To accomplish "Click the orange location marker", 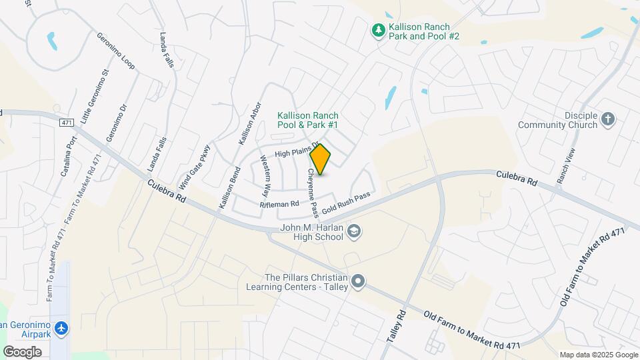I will click(x=321, y=159).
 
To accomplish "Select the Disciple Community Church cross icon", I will click(x=607, y=119).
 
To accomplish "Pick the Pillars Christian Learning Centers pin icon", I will click(x=359, y=281).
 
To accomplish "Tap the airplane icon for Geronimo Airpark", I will click(x=62, y=329).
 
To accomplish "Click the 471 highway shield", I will click(x=66, y=123).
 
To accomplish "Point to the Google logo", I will click(x=23, y=351).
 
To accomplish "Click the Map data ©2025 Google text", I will click(x=599, y=355).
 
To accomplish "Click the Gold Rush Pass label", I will click(x=345, y=205).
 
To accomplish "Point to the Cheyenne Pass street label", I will click(x=313, y=192).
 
